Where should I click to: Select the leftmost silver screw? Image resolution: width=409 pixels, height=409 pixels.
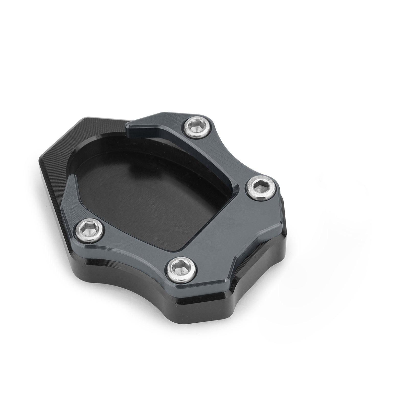[x=91, y=228]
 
